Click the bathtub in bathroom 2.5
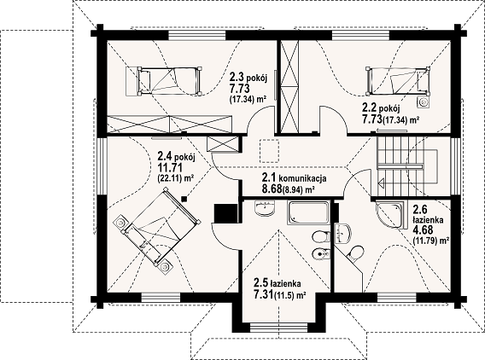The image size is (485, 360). tap(308, 213)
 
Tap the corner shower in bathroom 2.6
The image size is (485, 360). tap(389, 215)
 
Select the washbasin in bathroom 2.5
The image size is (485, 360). tap(265, 207)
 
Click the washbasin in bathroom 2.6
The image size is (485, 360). tap(343, 234)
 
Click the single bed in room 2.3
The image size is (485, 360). tap(170, 80)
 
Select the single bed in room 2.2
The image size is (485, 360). tap(397, 80)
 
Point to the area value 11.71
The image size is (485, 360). tap(170, 168)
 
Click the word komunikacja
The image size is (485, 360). tap(302, 178)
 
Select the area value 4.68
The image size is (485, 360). tap(423, 230)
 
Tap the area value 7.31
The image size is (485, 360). tap(264, 294)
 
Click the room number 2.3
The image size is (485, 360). tap(236, 76)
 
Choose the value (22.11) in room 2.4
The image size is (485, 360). tap(169, 178)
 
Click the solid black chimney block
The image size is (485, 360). tap(225, 213)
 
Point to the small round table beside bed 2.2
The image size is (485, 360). tap(424, 102)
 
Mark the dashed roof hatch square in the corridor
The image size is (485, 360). tap(270, 150)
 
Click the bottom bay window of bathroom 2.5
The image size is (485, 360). tap(278, 328)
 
